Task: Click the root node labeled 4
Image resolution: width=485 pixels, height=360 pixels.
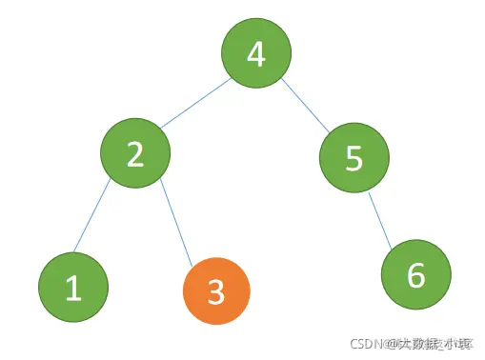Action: pos(255,54)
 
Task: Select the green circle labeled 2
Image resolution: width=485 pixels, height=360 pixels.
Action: pos(135,153)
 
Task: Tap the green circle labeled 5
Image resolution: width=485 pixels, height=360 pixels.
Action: pos(354,159)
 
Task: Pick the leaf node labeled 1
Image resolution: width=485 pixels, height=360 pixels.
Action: pos(73,288)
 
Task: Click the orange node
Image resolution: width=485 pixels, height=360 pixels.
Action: pos(215,291)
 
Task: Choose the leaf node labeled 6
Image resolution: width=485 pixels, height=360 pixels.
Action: pos(415,276)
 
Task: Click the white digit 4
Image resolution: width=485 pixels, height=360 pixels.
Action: pos(255,54)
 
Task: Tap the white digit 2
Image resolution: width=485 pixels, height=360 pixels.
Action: pos(135,153)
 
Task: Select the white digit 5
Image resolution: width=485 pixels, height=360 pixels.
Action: pos(354,159)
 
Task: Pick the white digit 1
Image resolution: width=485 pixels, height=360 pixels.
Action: pos(73,288)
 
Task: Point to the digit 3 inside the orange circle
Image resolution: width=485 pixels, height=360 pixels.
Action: pos(215,291)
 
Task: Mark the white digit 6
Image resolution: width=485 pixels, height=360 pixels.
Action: pos(415,276)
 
